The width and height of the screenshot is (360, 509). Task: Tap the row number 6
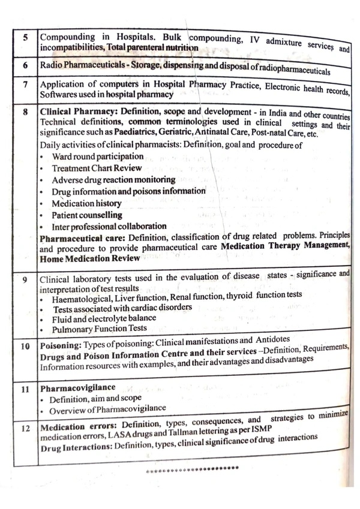coord(25,64)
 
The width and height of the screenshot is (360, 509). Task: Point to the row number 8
coord(25,112)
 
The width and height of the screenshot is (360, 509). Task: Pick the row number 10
coord(25,346)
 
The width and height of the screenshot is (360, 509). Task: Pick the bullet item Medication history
coord(86,203)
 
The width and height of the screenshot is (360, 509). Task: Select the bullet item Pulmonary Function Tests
coord(100,329)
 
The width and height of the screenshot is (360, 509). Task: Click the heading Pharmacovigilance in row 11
coord(68,388)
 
